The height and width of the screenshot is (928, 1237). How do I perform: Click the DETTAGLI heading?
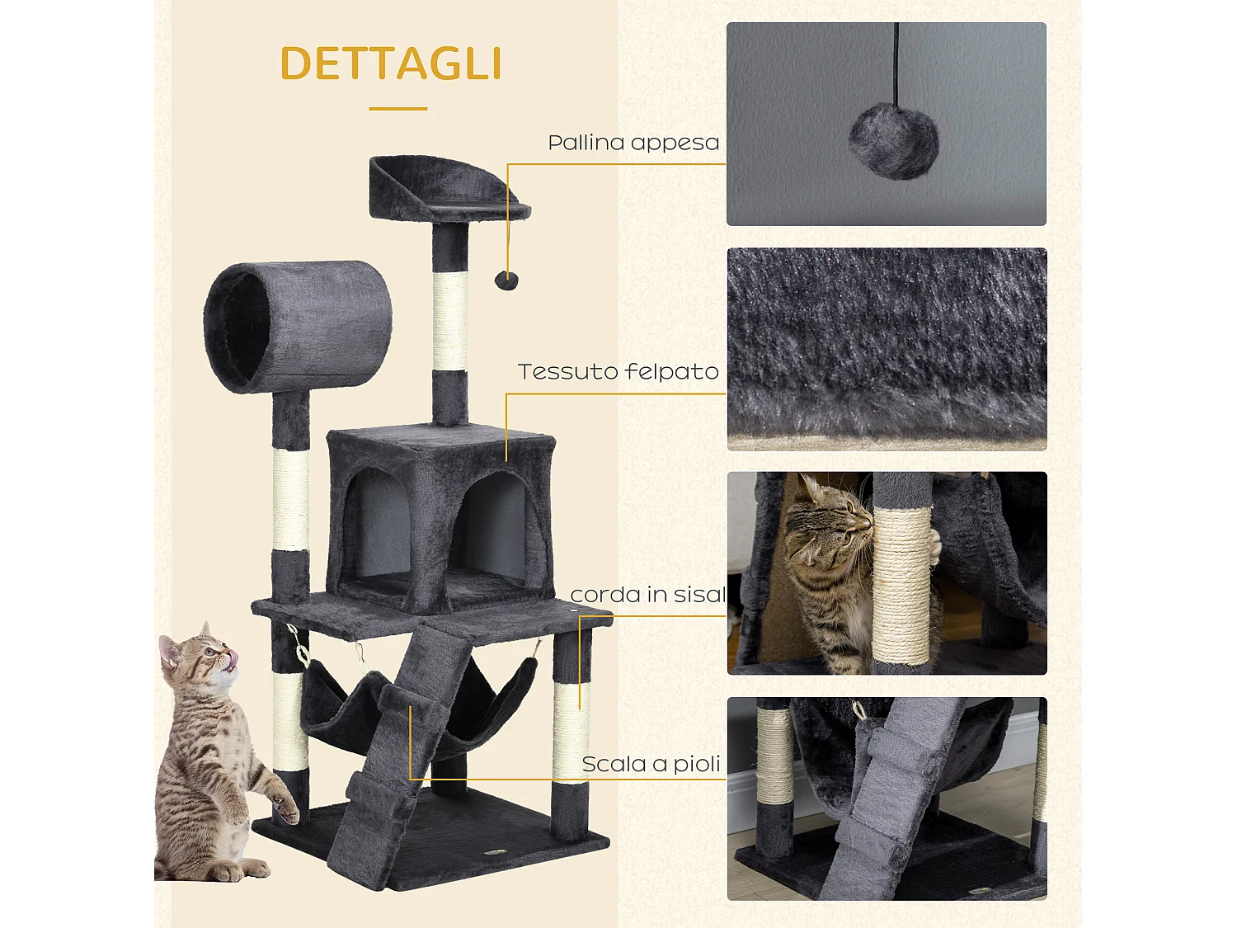(x=391, y=64)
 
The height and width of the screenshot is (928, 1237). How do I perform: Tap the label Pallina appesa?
(x=633, y=143)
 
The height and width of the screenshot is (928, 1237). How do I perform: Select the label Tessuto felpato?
(x=618, y=372)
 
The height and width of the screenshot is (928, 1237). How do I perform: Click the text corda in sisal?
(x=647, y=595)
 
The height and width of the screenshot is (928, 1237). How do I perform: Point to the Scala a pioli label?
(x=651, y=765)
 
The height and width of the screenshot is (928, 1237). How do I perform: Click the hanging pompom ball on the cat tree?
(x=506, y=280)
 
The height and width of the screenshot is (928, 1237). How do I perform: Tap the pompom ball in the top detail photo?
(x=893, y=140)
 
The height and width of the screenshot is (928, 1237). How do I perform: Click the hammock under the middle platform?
(x=346, y=701)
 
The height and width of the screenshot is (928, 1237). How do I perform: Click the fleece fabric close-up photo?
(x=887, y=349)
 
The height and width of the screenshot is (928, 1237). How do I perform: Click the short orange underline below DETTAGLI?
(x=397, y=108)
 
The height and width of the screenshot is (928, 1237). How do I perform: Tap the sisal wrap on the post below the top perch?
(x=449, y=322)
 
